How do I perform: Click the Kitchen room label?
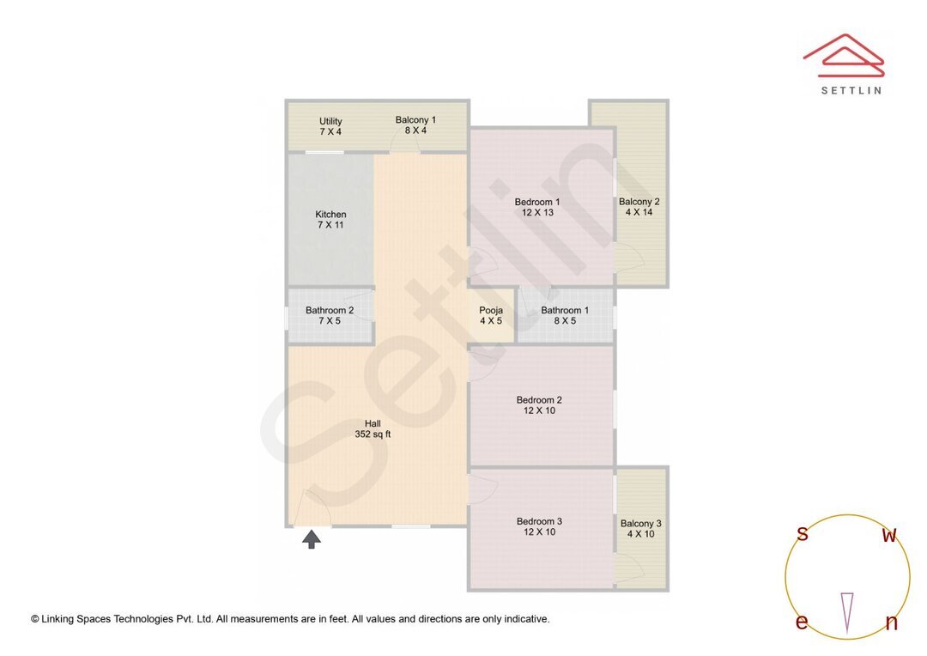[330, 215]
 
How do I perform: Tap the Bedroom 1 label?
[537, 203]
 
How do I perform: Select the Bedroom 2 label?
[539, 400]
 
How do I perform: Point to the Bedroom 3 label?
[539, 521]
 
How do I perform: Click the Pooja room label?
[491, 311]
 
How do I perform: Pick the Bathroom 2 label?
[330, 311]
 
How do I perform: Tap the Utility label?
[330, 121]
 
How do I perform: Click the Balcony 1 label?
[415, 120]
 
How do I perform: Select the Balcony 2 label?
[639, 203]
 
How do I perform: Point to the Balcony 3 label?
[640, 524]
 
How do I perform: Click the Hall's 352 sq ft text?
[373, 434]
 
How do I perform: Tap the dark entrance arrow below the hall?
[312, 539]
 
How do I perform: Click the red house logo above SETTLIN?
[844, 52]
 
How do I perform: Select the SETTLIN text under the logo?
[851, 89]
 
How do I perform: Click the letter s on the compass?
[803, 534]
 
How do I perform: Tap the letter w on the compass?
[890, 535]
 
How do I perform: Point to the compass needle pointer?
[847, 610]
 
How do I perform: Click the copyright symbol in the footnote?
[35, 618]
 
